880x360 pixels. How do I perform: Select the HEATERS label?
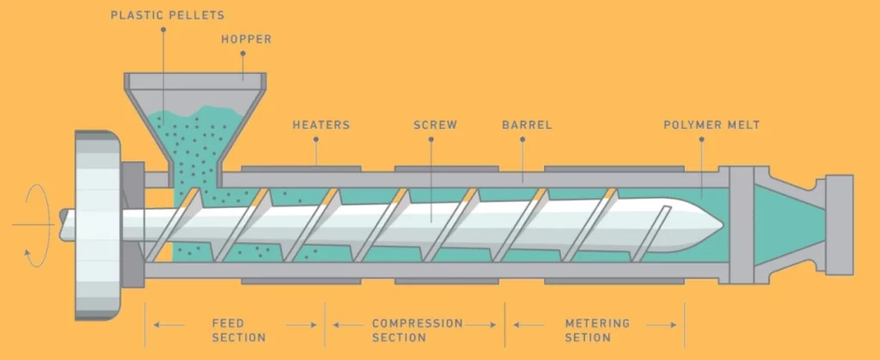pos(321,125)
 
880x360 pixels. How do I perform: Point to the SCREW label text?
pos(435,125)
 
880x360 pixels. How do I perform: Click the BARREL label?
pos(527,125)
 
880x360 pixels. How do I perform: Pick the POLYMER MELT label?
pos(712,125)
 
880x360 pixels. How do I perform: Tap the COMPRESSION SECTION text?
pos(417,330)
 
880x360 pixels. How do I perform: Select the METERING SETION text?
pos(597,330)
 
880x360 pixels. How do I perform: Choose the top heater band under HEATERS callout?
pos(301,167)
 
